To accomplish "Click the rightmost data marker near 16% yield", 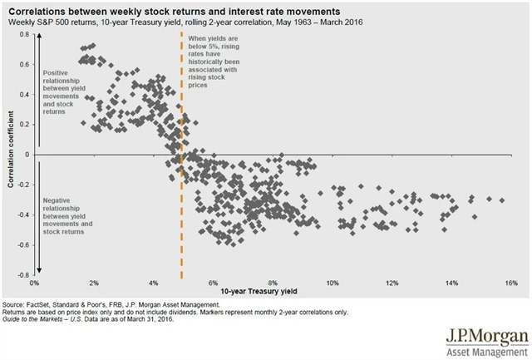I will click(501, 200).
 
